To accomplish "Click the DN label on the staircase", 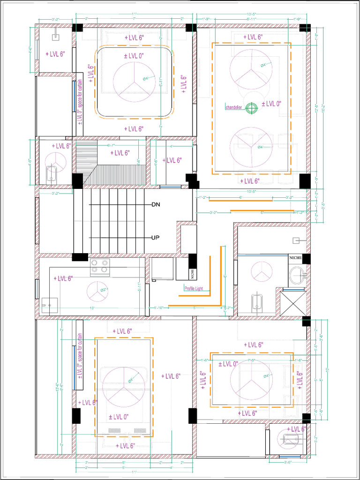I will (156, 205).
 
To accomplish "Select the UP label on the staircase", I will (156, 238).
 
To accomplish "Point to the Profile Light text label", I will (193, 288).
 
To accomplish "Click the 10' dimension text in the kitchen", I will (92, 308).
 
